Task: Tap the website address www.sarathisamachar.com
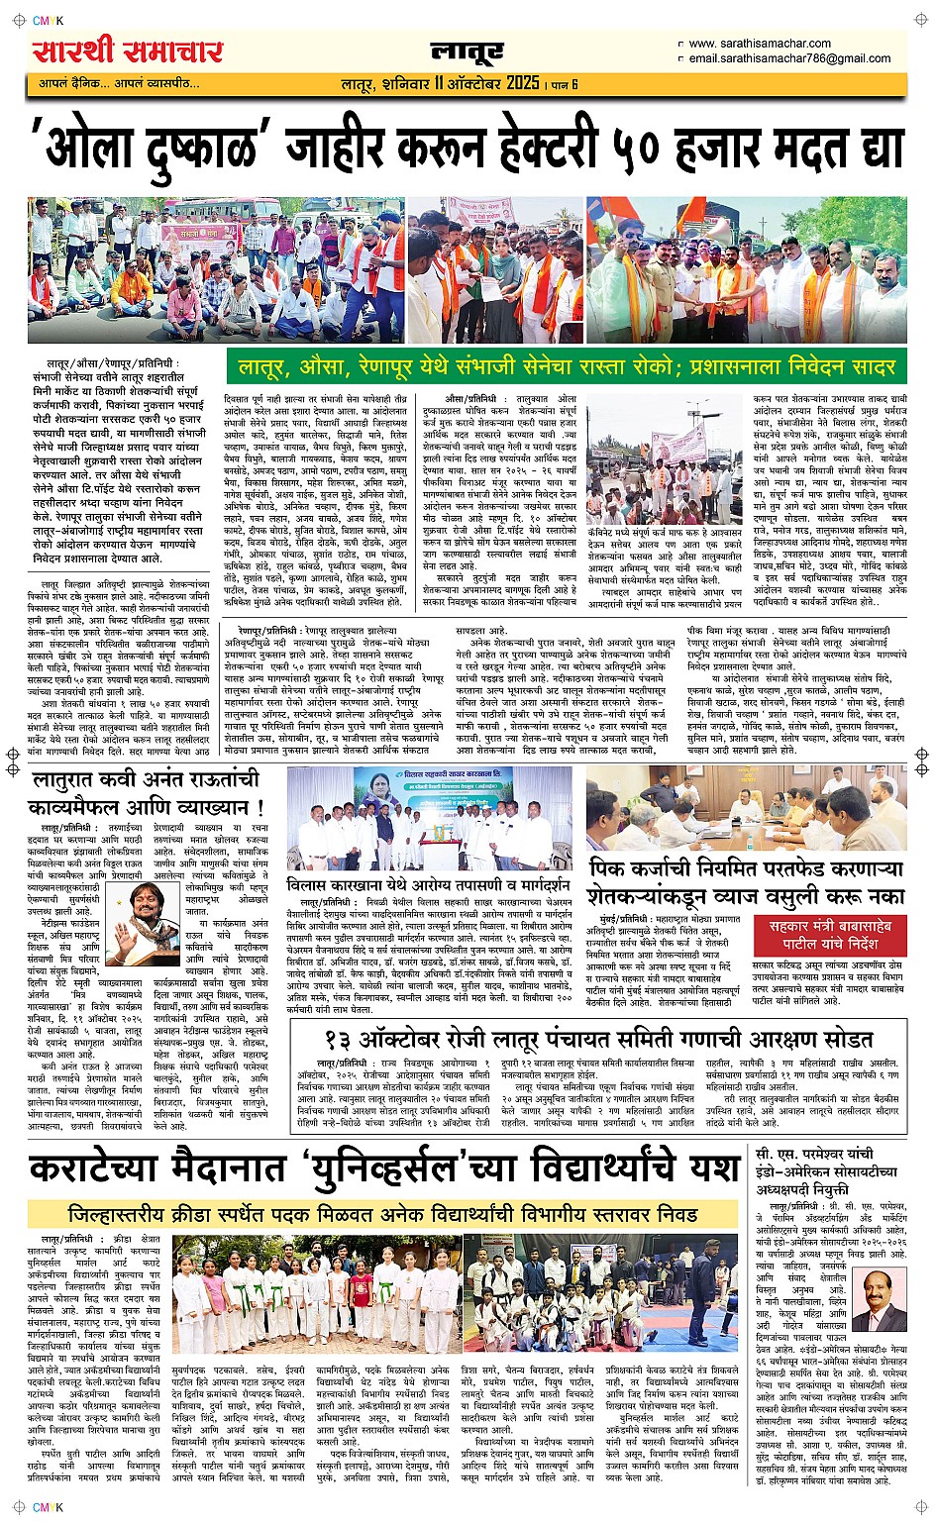tap(759, 44)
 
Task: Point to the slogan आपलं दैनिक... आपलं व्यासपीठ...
tap(119, 83)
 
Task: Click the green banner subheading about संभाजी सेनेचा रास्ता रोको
tap(566, 366)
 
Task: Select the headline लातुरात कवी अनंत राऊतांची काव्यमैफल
tap(147, 791)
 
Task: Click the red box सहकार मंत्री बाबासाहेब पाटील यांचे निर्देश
tap(830, 934)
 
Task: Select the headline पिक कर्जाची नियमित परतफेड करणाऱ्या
tap(745, 869)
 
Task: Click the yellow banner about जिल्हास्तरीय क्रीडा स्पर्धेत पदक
tap(382, 1213)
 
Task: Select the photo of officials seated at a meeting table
tap(745, 808)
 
